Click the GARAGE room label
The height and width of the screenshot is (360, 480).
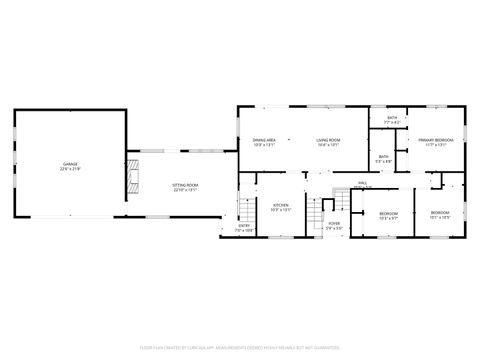pos(70,163)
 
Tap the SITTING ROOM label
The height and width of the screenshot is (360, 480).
pos(185,185)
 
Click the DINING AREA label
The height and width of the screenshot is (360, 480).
pos(264,140)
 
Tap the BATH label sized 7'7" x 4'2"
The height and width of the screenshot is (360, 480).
pos(392,119)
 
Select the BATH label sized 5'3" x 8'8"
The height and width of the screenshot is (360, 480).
pos(384,157)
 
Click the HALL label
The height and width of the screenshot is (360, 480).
pos(362,182)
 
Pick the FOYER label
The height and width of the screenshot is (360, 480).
pos(333,223)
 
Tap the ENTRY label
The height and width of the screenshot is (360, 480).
pos(244,225)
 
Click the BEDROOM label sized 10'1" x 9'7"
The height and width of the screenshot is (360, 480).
pos(389,213)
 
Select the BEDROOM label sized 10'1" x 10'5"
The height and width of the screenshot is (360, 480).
pos(440,213)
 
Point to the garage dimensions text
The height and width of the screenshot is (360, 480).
pos(70,169)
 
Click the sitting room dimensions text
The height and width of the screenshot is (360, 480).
pos(185,190)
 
